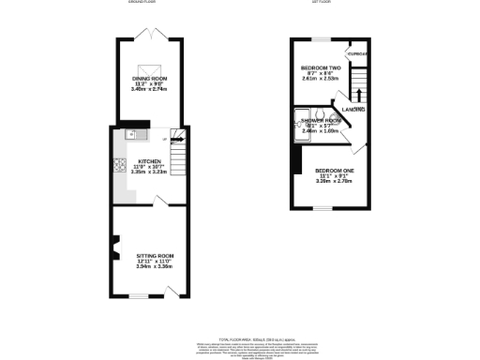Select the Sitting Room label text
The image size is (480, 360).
pos(156,255)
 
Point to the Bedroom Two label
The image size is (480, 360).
pos(320,68)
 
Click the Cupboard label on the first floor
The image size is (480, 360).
pos(357,53)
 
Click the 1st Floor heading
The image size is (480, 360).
pos(324,3)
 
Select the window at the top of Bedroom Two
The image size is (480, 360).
pos(319,39)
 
